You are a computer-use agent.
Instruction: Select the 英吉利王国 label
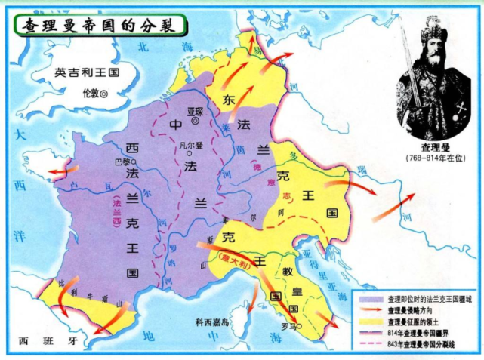tap(87, 74)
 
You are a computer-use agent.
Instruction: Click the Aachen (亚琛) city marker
tap(195, 120)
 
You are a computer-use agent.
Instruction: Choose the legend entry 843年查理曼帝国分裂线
tap(427, 346)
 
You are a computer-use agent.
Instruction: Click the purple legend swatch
tap(371, 298)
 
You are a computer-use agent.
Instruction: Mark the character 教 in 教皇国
tap(289, 269)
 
